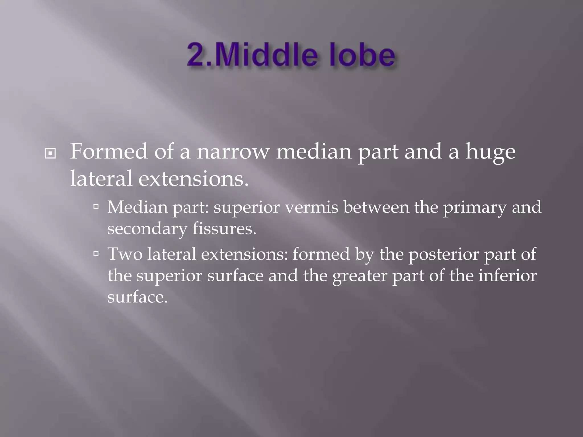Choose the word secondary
(x=147, y=229)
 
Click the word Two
(x=125, y=254)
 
